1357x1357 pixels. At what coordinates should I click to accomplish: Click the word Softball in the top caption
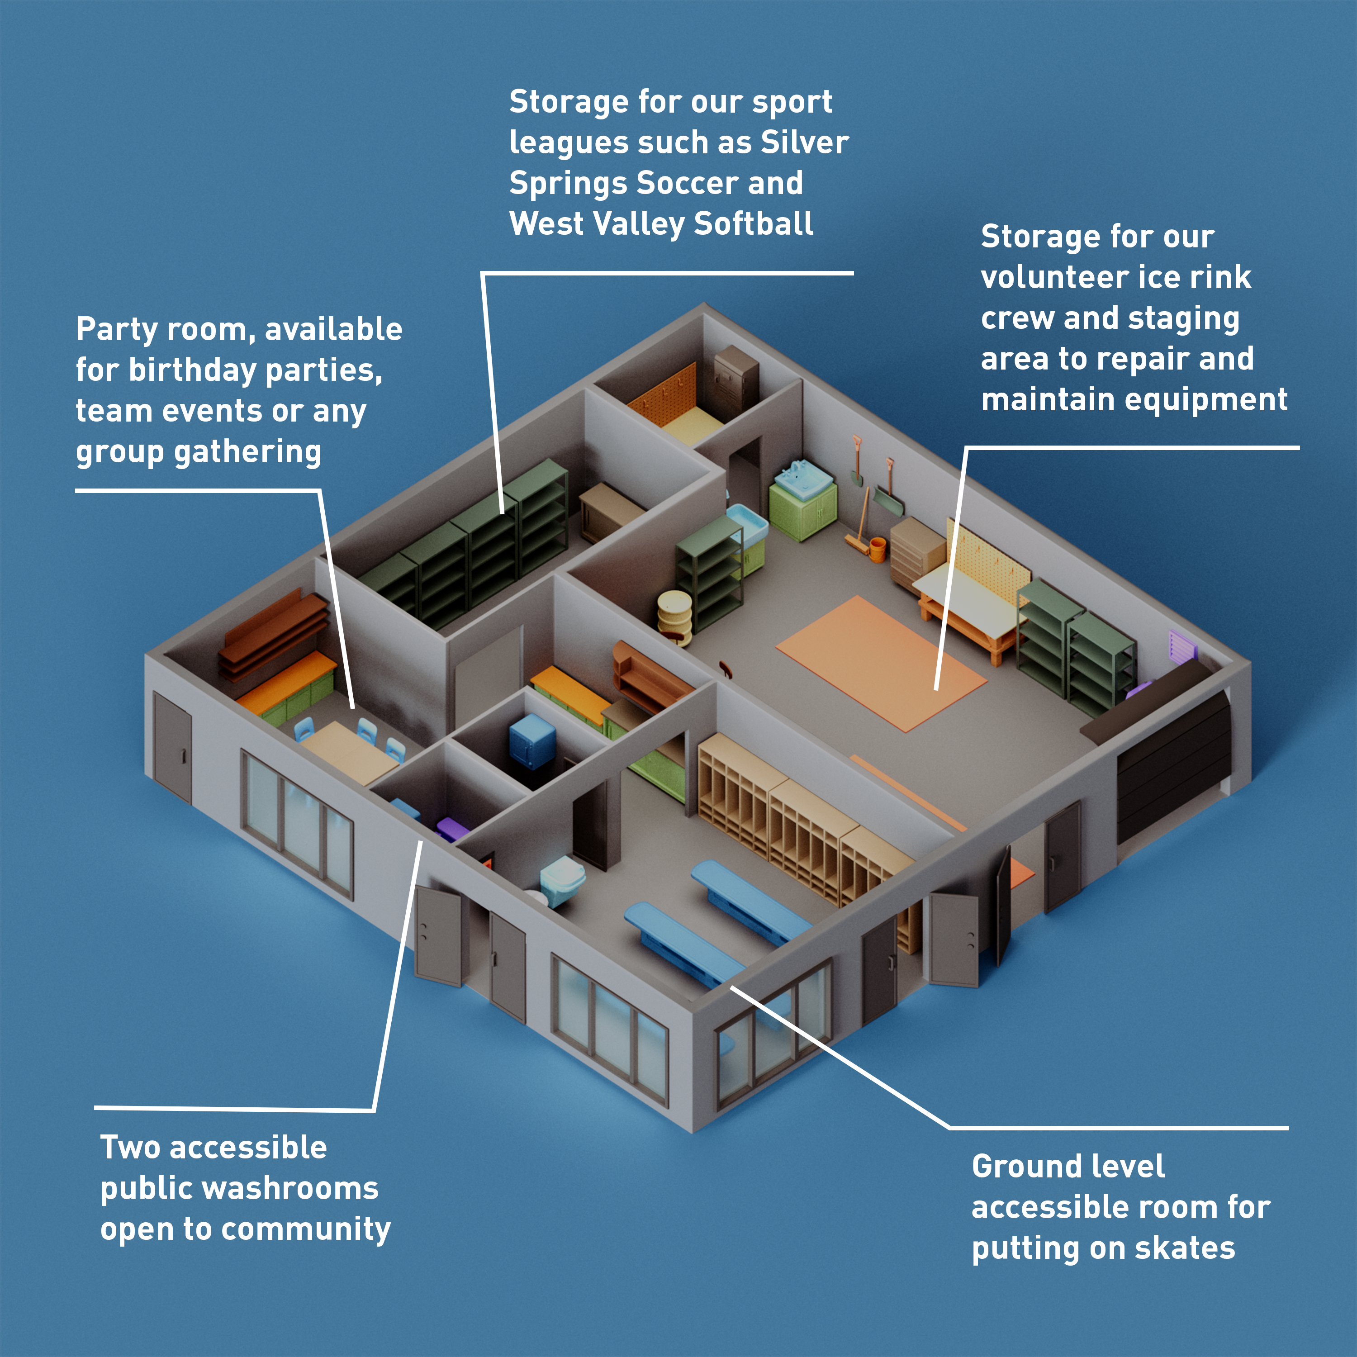754,223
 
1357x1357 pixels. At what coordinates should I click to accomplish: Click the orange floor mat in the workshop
882,663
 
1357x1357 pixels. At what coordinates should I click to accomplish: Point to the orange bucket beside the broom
877,549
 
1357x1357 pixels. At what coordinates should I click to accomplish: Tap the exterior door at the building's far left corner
172,747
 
